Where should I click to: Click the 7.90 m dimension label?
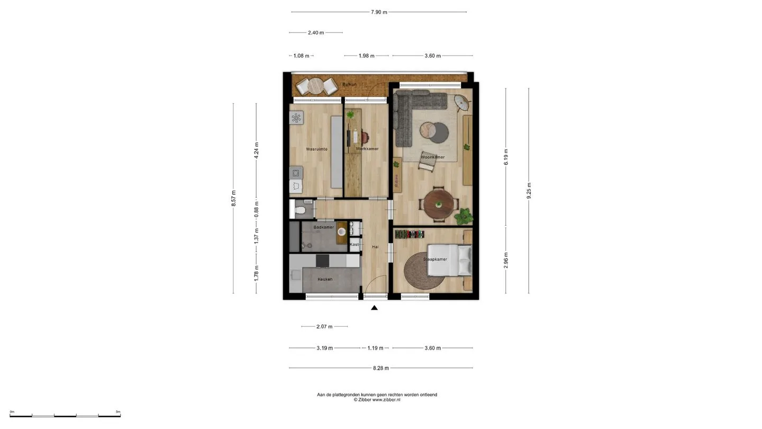pyautogui.click(x=379, y=12)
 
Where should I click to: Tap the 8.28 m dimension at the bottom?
pyautogui.click(x=380, y=368)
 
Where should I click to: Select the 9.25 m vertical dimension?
pyautogui.click(x=529, y=191)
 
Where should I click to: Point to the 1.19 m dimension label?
pyautogui.click(x=375, y=348)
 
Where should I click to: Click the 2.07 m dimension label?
pyautogui.click(x=324, y=326)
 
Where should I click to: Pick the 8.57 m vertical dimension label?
pyautogui.click(x=233, y=199)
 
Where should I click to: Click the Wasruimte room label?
pyautogui.click(x=316, y=149)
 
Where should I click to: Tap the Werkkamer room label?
pyautogui.click(x=367, y=149)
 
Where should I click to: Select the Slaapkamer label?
pyautogui.click(x=435, y=259)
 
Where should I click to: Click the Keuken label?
pyautogui.click(x=325, y=279)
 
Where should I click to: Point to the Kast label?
pyautogui.click(x=354, y=245)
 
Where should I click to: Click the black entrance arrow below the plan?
pyautogui.click(x=374, y=308)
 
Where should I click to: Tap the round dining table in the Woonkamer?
pyautogui.click(x=439, y=204)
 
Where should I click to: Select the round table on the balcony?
pyautogui.click(x=316, y=86)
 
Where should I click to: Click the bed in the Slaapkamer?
pyautogui.click(x=449, y=260)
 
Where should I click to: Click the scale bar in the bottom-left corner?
pyautogui.click(x=65, y=416)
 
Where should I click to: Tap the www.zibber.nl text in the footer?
pyautogui.click(x=386, y=400)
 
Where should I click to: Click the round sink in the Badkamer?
pyautogui.click(x=341, y=232)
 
